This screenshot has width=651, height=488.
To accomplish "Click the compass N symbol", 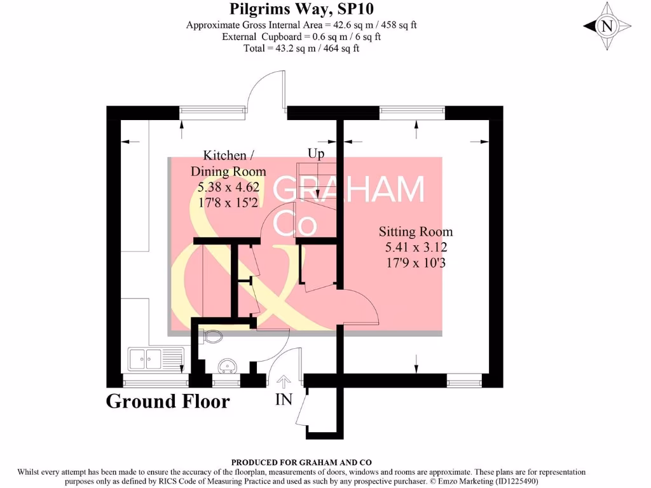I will click(607, 26).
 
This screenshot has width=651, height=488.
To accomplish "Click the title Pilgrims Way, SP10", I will click(301, 10).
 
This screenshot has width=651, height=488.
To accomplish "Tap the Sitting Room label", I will click(416, 232).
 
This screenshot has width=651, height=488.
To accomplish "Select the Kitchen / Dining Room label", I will click(228, 163).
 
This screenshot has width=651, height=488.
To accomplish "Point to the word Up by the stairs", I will click(316, 154).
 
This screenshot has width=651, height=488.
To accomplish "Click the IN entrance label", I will click(284, 400).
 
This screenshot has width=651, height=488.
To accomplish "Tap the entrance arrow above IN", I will click(284, 381).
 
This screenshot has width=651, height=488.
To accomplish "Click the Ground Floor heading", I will click(167, 402).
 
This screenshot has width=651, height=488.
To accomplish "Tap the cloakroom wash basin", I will click(227, 367).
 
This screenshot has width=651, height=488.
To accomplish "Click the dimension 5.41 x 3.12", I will click(416, 247).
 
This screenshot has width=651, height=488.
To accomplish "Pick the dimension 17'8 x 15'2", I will click(228, 203).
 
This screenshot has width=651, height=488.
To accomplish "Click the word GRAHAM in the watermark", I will click(349, 190).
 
